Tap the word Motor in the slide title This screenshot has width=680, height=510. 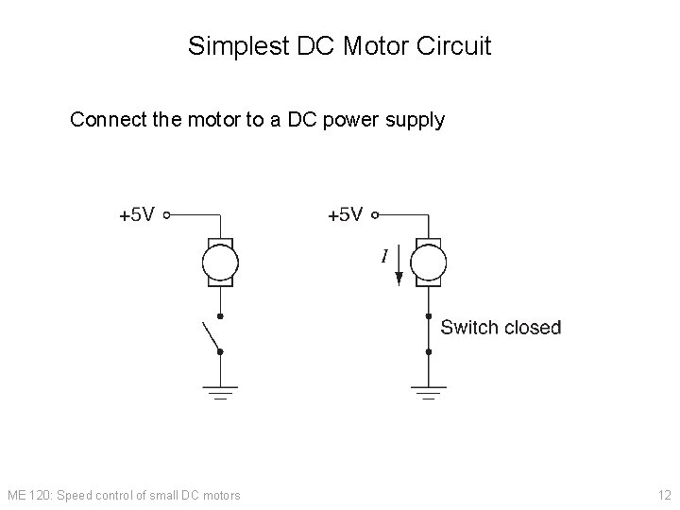358,46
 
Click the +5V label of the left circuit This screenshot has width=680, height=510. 137,215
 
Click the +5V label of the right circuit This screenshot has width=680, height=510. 345,215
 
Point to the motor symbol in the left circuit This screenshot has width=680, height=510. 220,261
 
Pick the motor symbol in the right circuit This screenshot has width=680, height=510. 429,261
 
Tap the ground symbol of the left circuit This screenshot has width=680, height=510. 220,391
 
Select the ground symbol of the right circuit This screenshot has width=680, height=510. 429,391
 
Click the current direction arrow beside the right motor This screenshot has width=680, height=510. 399,267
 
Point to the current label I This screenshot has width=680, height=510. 384,255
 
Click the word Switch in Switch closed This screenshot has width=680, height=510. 469,328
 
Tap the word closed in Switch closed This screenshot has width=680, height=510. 533,328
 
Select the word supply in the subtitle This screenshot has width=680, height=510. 414,121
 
